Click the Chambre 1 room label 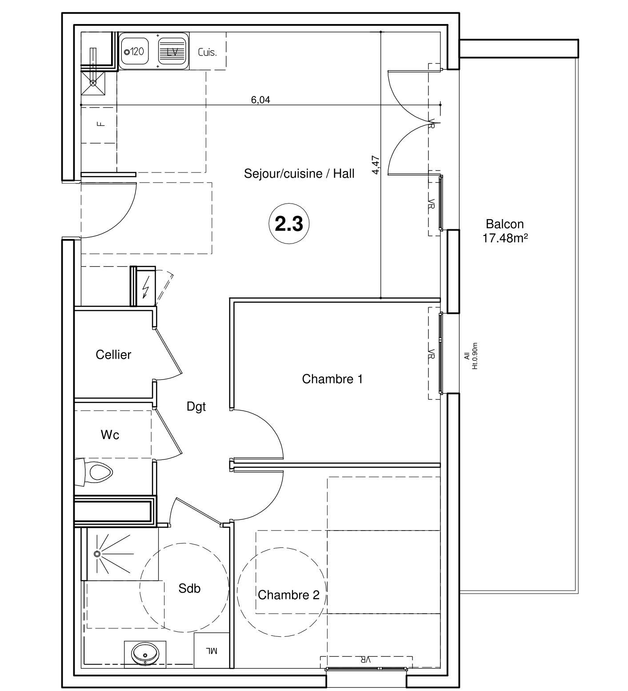click(332, 379)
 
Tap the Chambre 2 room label click(288, 595)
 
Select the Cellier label click(113, 355)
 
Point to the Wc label click(110, 435)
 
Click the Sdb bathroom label click(189, 588)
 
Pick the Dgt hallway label click(196, 407)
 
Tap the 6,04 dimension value click(260, 100)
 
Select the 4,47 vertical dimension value click(376, 164)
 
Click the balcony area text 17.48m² click(505, 239)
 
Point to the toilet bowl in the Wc click(100, 472)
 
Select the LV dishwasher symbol click(172, 52)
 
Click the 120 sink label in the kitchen click(134, 52)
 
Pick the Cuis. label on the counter click(208, 52)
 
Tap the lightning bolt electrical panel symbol click(145, 289)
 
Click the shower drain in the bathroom click(97, 554)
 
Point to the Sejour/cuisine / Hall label click(299, 173)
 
